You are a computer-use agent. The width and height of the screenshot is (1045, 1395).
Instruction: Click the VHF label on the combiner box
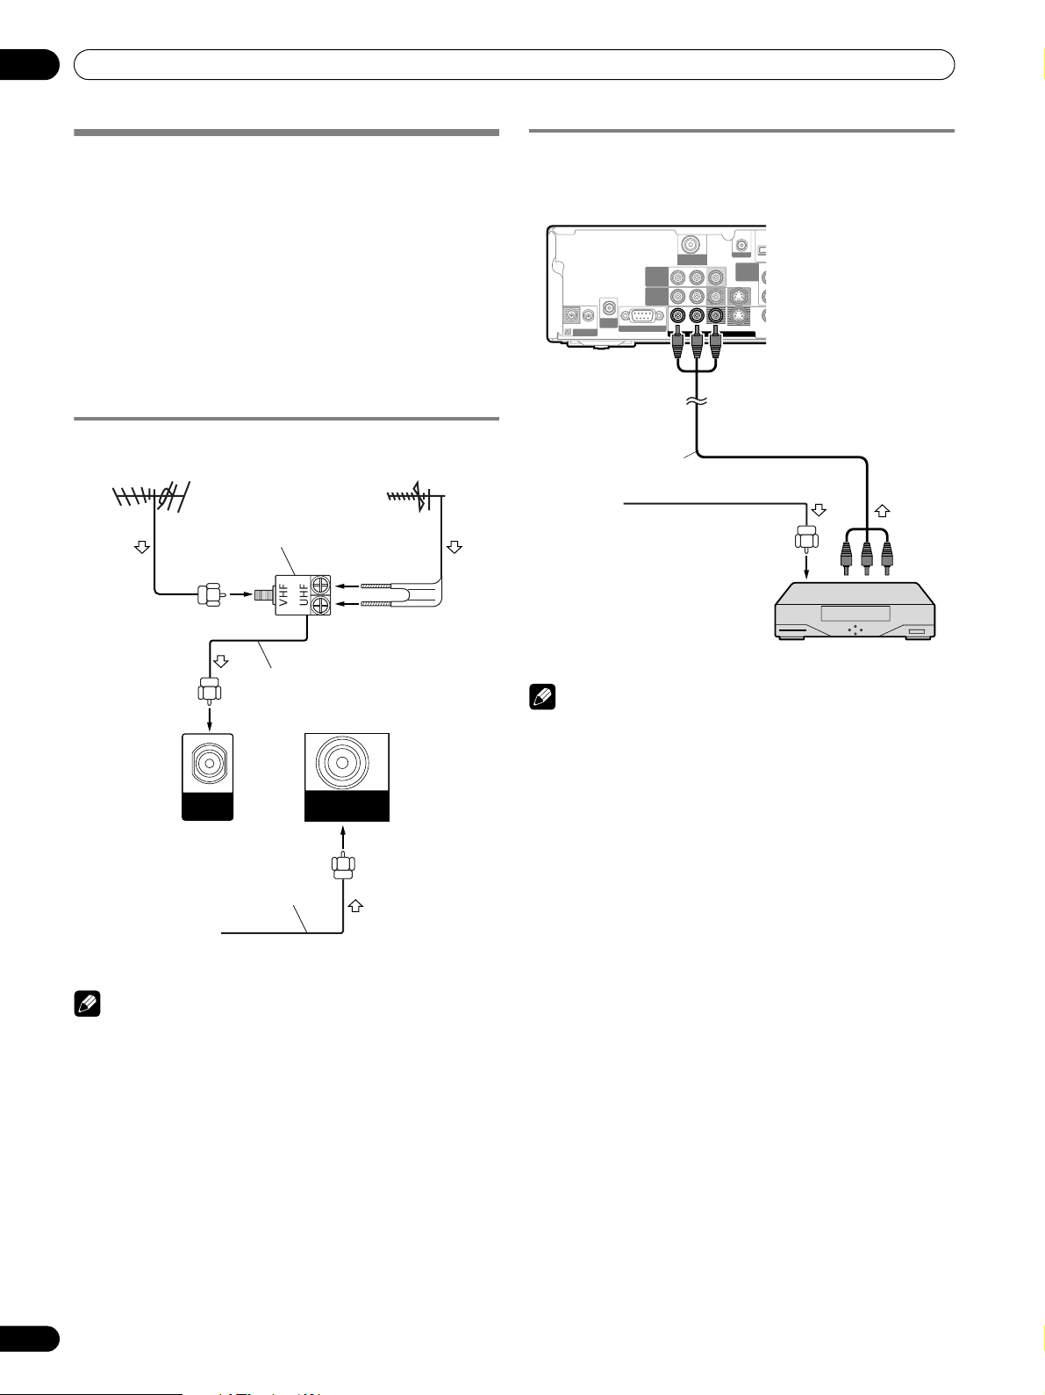pyautogui.click(x=283, y=595)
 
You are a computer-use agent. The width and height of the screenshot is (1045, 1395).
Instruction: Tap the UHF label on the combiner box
pyautogui.click(x=304, y=595)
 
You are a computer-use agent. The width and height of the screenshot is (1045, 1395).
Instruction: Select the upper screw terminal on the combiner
pyautogui.click(x=320, y=585)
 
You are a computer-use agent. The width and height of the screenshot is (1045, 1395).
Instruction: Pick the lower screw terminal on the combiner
pyautogui.click(x=320, y=605)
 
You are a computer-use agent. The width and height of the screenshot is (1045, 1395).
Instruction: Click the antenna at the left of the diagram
pyautogui.click(x=151, y=496)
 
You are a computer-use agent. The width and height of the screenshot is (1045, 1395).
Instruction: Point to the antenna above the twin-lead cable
pyautogui.click(x=416, y=496)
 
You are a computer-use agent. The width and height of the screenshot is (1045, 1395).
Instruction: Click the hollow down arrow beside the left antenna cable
pyautogui.click(x=142, y=547)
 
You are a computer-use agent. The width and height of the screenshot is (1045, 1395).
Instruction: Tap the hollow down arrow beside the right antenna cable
pyautogui.click(x=454, y=547)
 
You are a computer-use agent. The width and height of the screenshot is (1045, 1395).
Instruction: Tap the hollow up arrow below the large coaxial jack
pyautogui.click(x=354, y=906)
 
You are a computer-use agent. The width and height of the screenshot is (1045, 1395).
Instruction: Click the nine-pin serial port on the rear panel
pyautogui.click(x=642, y=317)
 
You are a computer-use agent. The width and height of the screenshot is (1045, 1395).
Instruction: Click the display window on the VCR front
pyautogui.click(x=855, y=614)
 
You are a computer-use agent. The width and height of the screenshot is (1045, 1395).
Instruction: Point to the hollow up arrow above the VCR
pyautogui.click(x=882, y=510)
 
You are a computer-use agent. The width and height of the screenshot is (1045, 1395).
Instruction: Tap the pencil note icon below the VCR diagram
pyautogui.click(x=542, y=697)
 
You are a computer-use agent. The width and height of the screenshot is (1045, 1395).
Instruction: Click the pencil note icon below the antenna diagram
pyautogui.click(x=87, y=1004)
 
